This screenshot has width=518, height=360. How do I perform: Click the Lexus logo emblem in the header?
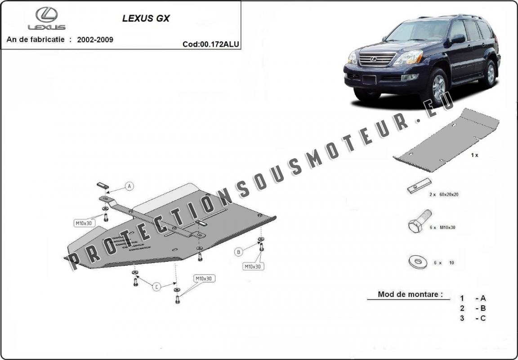(x=47, y=14)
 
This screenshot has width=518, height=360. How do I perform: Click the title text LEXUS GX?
(x=146, y=18)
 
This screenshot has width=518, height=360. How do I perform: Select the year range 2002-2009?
(x=95, y=40)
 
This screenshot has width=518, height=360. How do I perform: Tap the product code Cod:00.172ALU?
(x=211, y=44)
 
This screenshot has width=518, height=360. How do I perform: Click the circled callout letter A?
(x=129, y=186)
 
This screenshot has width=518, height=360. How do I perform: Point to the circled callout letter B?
(x=238, y=252)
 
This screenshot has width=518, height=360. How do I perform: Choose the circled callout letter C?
(x=156, y=287)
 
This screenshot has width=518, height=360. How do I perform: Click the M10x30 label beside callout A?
(x=84, y=223)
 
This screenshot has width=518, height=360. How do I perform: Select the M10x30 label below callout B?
(x=254, y=266)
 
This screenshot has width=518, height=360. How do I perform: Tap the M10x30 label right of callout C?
(x=204, y=279)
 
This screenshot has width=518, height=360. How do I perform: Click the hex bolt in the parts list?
(x=420, y=221)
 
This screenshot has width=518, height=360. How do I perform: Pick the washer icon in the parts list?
(x=418, y=262)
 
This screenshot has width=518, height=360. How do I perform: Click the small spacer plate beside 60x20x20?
(x=419, y=186)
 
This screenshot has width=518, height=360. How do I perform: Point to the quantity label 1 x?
(x=474, y=155)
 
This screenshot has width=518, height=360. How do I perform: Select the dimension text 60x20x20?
(x=449, y=195)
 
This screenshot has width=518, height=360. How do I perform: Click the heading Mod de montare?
(x=410, y=294)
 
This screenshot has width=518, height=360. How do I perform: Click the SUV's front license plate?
(x=369, y=80)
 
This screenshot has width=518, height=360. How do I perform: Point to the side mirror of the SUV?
(x=458, y=39)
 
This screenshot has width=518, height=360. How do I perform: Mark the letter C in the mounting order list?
(x=482, y=318)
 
